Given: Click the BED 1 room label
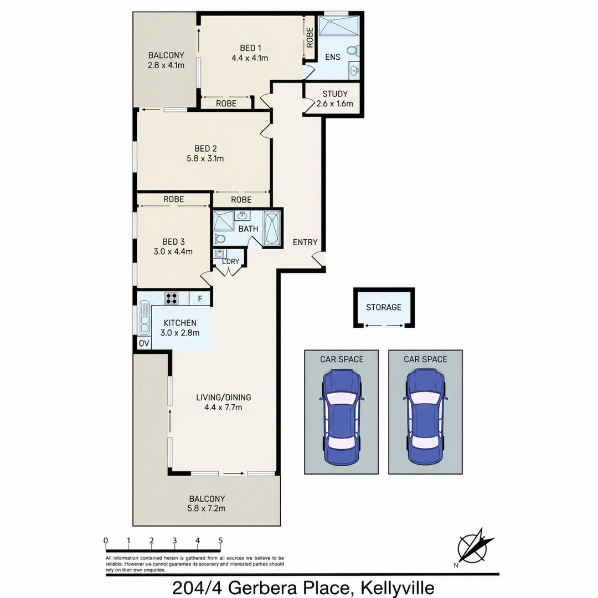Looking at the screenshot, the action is (x=250, y=48).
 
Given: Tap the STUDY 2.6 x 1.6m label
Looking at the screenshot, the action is (x=335, y=99).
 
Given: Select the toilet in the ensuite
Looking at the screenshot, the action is (x=353, y=50).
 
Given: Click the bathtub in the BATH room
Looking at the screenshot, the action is (x=271, y=228).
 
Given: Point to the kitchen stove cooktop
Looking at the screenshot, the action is (x=171, y=298).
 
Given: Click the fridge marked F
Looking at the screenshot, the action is (x=199, y=298).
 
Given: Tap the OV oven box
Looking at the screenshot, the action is (x=144, y=343).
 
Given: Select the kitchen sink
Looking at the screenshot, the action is (x=144, y=317).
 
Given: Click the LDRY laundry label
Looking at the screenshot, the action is (x=230, y=261).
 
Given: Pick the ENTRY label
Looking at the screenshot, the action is (x=305, y=242).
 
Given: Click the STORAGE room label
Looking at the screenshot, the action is (x=384, y=307).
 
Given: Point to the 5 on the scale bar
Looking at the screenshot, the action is (x=220, y=540).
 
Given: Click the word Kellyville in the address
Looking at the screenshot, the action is (x=398, y=587).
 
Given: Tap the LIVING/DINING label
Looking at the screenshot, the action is (x=224, y=398).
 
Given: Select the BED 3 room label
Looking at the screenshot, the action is (x=173, y=241).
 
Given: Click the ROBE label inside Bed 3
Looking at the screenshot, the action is (x=173, y=199).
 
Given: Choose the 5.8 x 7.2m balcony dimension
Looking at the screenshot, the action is (x=207, y=508).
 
